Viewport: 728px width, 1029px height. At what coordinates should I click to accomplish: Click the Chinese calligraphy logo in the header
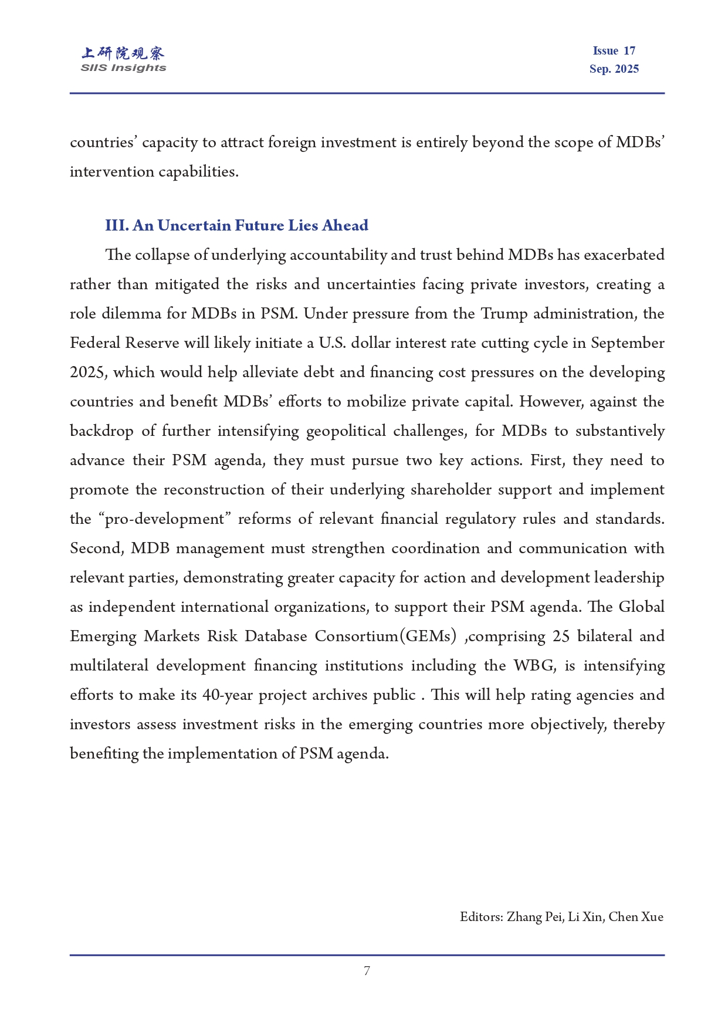(x=123, y=53)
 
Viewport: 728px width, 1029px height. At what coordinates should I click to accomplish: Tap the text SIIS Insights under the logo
(x=123, y=68)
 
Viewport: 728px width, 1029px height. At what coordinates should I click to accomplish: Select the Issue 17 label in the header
(x=614, y=51)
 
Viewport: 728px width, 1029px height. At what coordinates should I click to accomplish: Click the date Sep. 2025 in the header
(x=614, y=69)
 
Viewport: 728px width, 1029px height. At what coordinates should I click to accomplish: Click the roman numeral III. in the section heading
(x=117, y=226)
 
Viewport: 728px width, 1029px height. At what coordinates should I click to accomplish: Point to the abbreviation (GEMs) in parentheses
(x=428, y=637)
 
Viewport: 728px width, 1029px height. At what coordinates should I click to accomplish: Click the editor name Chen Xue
(x=636, y=917)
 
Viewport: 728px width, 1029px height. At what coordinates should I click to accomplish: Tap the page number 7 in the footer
(x=367, y=971)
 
